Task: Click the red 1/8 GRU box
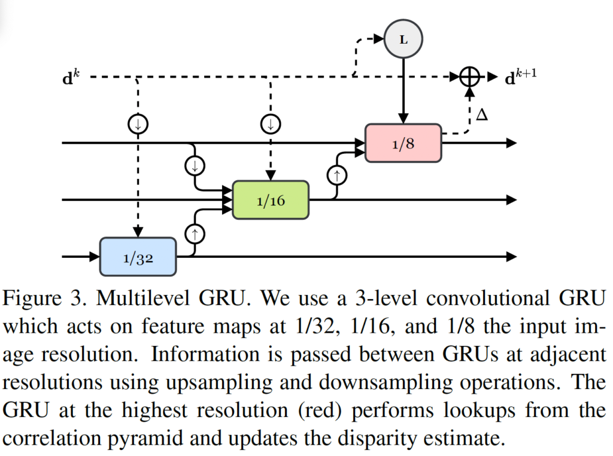coord(403,142)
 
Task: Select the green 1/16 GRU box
coord(271,199)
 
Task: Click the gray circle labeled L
coord(403,39)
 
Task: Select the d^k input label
coord(69,77)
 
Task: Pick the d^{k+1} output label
coord(519,77)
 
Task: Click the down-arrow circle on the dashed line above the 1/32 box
coord(138,124)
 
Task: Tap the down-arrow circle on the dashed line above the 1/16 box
coord(271,124)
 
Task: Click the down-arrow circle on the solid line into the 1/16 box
coord(194,166)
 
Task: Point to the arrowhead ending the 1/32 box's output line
coord(511,256)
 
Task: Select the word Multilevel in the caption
coord(138,298)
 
